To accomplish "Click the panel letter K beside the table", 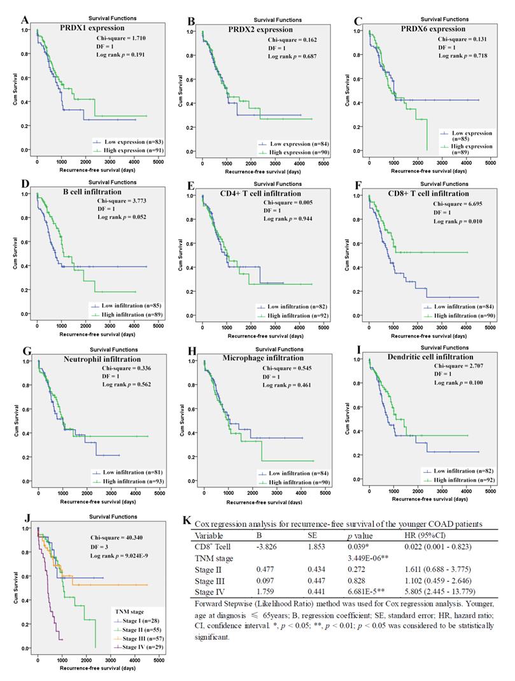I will (187, 521).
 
